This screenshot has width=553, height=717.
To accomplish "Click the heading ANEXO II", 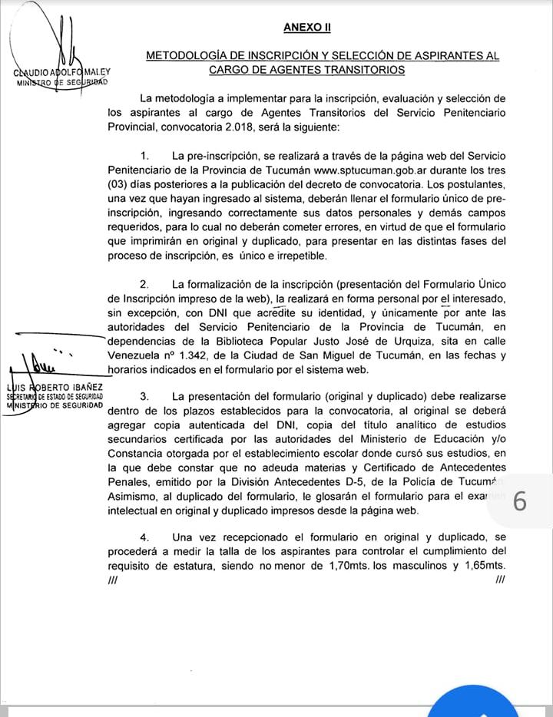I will pyautogui.click(x=306, y=27).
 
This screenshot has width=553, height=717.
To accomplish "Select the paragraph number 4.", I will pyautogui.click(x=145, y=537).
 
